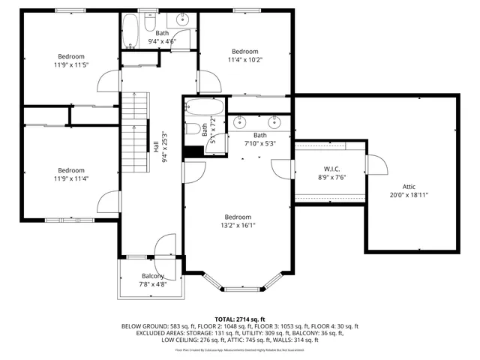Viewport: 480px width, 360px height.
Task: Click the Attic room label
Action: point(409,186)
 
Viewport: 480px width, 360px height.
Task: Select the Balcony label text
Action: point(152,276)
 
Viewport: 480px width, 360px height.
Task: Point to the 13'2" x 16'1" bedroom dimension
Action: point(237,225)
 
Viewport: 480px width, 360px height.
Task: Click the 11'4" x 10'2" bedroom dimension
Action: point(245,59)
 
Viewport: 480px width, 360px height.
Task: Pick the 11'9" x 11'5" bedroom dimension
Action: point(71,65)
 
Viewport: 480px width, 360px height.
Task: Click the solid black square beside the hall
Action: point(193,151)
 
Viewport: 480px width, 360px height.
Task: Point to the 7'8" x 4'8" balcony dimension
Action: point(152,284)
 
